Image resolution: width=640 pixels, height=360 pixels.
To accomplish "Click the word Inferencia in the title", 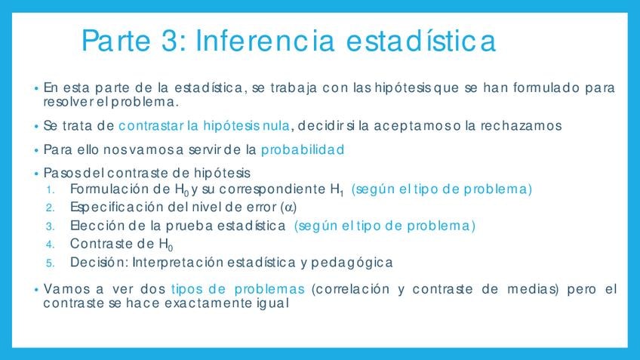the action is (x=266, y=41).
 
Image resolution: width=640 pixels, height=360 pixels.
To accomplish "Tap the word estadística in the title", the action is (x=421, y=41).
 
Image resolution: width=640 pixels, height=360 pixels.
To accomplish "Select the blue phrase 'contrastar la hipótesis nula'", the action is (x=204, y=126).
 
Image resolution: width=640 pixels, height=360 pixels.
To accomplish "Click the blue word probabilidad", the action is (x=303, y=149).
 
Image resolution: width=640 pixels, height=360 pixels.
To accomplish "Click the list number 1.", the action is (x=50, y=189).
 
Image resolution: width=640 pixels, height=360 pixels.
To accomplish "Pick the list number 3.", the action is (x=50, y=226).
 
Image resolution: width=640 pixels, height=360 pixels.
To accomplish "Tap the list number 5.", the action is (x=50, y=263).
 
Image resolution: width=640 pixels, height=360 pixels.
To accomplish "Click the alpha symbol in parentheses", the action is (x=289, y=208).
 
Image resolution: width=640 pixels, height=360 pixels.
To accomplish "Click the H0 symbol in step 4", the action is (x=166, y=245).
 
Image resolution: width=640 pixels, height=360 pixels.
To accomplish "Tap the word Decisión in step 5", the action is (x=99, y=263).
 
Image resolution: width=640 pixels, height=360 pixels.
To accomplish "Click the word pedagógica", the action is (x=352, y=263).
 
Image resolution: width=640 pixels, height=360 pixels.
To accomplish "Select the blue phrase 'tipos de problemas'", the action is (x=238, y=289).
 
